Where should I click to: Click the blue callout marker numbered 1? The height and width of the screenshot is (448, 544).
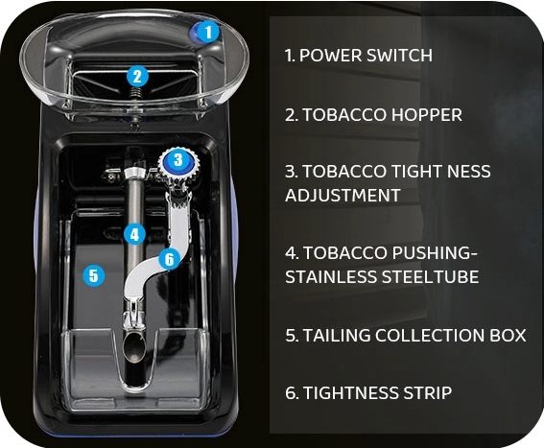210,31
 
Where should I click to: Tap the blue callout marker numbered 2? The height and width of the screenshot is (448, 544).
137,76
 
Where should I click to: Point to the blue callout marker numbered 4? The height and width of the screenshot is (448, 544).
134,232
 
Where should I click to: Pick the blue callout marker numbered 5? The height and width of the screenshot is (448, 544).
93,275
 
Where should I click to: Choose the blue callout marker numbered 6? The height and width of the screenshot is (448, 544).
169,258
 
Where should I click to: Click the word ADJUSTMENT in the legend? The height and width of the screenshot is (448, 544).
341,195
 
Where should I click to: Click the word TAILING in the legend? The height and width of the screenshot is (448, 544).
331,336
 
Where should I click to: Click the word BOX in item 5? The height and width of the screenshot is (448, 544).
509,336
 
